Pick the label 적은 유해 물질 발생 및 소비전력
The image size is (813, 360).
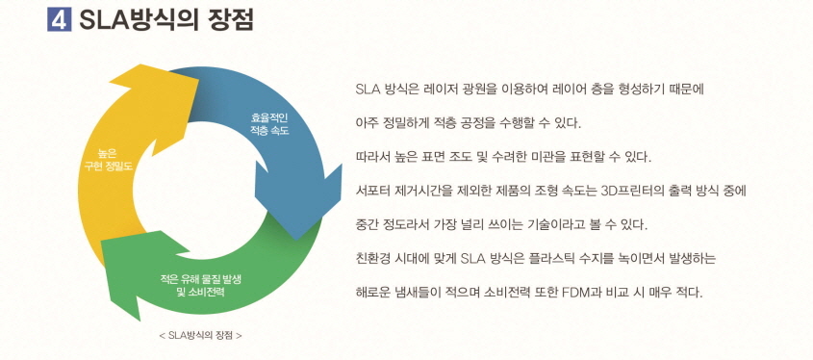click(201, 285)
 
